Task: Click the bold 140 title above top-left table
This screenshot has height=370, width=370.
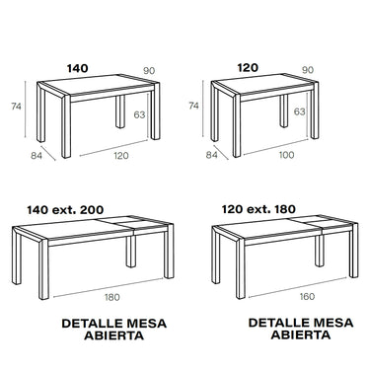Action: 78,68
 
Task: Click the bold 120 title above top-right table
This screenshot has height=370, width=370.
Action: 248,68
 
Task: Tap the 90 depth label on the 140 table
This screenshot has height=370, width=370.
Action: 149,71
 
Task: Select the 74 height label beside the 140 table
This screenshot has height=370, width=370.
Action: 16,107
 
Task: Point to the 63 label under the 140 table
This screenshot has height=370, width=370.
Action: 139,114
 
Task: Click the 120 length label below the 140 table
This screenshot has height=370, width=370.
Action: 121,156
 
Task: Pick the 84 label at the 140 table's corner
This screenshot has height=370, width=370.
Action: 37,156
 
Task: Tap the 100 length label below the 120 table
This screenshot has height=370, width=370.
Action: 286,155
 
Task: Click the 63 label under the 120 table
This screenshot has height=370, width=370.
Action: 299,111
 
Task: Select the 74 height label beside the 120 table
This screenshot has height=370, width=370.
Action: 193,106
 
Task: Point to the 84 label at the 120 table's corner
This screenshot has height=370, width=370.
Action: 212,155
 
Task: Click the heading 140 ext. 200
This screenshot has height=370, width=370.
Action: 65,210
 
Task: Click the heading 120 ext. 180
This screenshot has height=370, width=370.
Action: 259,209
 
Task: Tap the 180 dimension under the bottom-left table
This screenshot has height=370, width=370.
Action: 112,298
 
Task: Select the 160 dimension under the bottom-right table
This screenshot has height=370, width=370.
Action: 307,297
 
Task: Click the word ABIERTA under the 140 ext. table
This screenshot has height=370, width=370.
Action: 113,336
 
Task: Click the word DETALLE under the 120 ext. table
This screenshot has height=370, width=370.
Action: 278,323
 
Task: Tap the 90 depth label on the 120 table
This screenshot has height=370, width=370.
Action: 308,70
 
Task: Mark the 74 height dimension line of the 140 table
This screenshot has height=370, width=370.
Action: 26,110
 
